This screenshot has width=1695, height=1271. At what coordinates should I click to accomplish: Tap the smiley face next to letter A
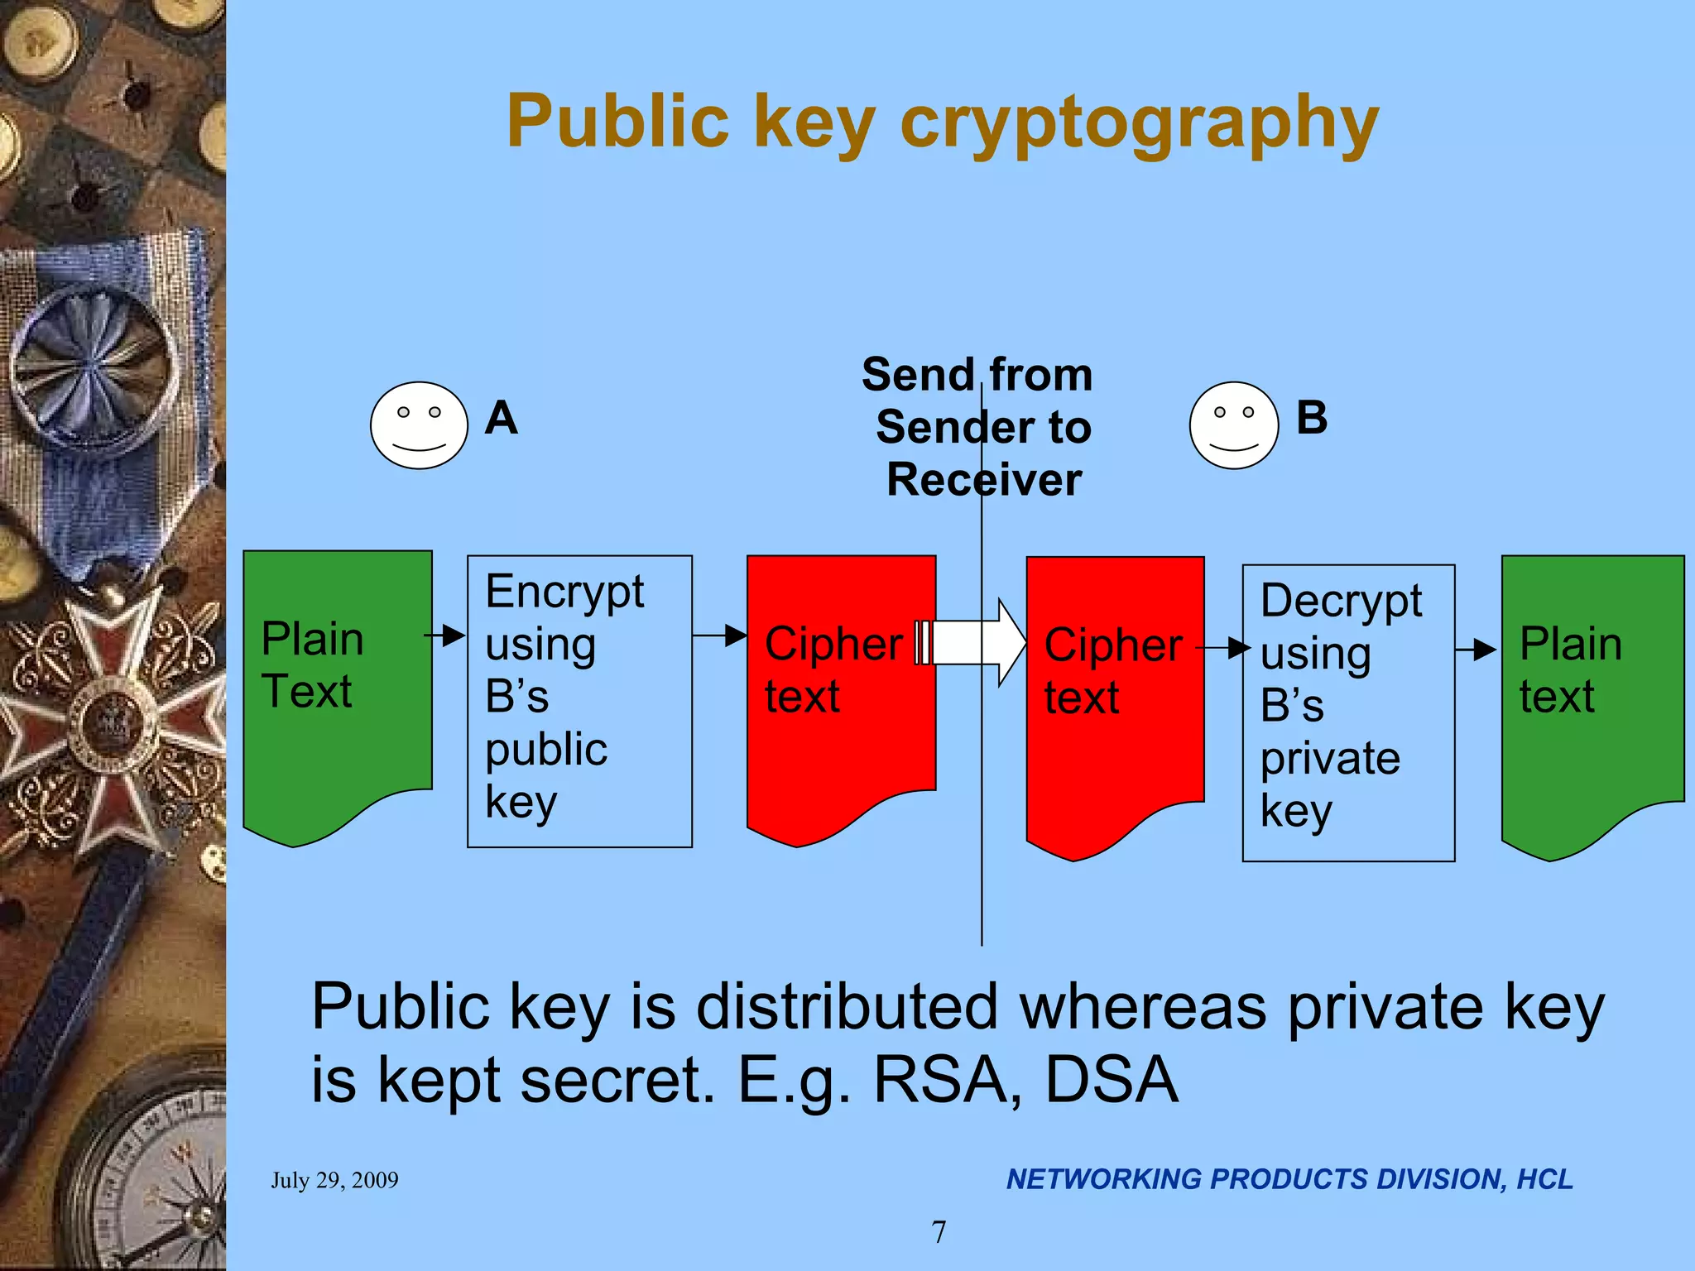419,425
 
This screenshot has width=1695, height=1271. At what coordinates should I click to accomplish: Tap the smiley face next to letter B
1233,425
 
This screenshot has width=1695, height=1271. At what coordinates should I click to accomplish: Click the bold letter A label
502,418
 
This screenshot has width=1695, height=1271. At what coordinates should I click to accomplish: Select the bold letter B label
1312,418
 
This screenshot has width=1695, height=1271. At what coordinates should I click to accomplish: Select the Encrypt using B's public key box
579,701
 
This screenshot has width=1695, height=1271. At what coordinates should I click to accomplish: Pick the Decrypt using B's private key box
1348,712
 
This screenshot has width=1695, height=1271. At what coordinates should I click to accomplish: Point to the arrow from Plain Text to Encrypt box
445,635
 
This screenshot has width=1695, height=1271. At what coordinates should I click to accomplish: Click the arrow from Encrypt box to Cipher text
720,635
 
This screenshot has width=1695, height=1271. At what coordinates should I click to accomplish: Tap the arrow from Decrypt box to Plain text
1476,650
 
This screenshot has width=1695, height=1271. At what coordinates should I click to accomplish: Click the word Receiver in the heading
984,480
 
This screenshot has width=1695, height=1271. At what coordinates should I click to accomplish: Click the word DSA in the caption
1112,1080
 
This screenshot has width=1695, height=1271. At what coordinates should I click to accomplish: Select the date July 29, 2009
334,1180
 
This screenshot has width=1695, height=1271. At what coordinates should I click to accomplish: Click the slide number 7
939,1232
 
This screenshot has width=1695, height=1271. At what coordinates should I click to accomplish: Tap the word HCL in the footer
1544,1179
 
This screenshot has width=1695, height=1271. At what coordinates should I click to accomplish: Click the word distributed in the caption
847,1007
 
